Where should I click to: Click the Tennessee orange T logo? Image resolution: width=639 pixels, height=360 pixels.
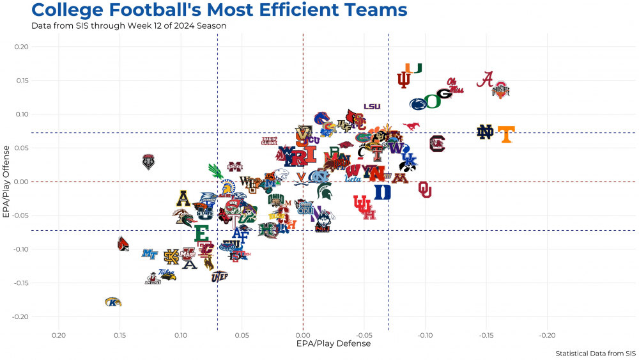pos(506,134)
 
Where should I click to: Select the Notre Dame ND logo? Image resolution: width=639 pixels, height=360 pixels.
pos(486,132)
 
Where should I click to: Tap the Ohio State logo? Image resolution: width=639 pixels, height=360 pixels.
pos(500,90)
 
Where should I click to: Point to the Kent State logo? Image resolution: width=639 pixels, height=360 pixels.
pos(113,302)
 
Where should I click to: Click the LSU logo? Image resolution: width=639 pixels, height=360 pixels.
pos(373,107)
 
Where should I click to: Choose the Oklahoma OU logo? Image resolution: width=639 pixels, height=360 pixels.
pos(425,189)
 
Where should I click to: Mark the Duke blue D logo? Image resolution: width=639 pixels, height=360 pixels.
pos(382,192)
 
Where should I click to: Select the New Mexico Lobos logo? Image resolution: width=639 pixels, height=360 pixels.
pos(148,161)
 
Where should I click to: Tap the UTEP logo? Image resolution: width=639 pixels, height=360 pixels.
pos(219,276)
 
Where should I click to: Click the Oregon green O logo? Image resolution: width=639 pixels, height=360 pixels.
pos(433,101)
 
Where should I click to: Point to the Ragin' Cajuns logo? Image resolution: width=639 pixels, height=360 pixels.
pos(270,141)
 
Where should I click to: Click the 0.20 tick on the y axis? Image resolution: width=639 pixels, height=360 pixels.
pos(21,47)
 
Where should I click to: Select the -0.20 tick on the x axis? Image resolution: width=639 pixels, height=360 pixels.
pos(548,334)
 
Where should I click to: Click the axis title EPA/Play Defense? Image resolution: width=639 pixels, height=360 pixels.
pos(334,343)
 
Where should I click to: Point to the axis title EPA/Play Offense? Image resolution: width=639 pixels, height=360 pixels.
pos(7,182)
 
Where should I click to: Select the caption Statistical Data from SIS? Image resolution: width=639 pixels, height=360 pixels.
pos(596,353)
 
